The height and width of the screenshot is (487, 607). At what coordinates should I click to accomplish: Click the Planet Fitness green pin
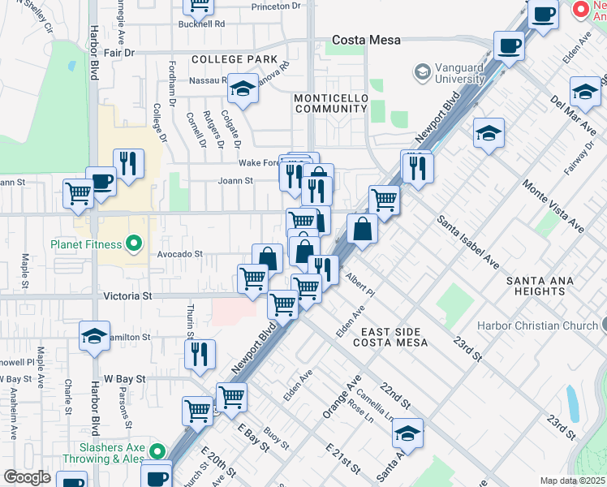[135, 243]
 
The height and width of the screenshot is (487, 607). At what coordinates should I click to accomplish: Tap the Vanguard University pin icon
[422, 73]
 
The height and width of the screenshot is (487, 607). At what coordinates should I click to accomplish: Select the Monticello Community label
[331, 104]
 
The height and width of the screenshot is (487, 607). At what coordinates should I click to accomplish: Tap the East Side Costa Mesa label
[390, 338]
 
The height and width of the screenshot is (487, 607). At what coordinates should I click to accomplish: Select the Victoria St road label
[128, 297]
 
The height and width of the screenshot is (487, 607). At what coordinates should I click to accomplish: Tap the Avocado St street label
[179, 254]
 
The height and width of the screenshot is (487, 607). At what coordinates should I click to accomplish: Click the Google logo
[27, 477]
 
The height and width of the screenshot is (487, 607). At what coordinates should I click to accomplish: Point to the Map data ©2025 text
[572, 481]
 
